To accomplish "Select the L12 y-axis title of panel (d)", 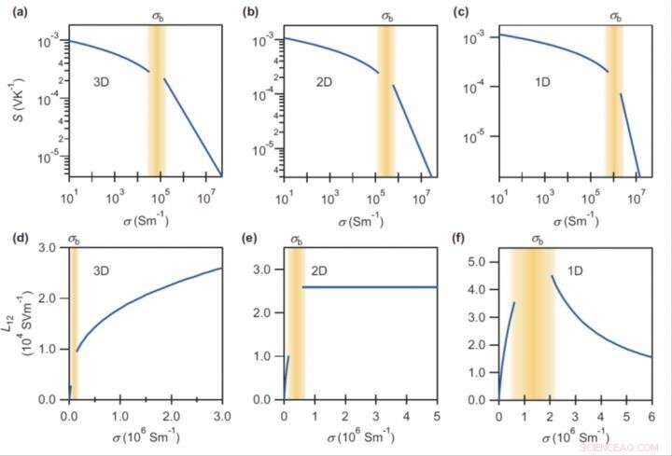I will [18, 326].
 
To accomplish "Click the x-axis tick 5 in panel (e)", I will [436, 415].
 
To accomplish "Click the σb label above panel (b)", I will [386, 16].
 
